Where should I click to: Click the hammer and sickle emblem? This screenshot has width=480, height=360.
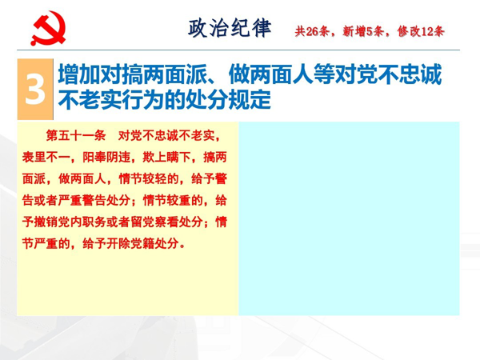click(x=48, y=28)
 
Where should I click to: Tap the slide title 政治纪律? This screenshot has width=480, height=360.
click(x=230, y=28)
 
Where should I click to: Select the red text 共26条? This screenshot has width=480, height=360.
click(x=312, y=31)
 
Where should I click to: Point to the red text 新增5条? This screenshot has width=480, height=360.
click(x=362, y=31)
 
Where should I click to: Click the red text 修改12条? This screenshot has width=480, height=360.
click(x=421, y=31)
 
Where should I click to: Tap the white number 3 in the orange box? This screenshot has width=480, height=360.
click(x=35, y=90)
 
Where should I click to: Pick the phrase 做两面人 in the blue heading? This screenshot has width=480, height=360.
click(x=271, y=74)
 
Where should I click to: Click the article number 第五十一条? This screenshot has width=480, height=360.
click(x=76, y=135)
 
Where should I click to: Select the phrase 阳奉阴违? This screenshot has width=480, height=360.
click(x=106, y=157)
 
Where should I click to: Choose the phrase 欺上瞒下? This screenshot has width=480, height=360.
click(x=167, y=157)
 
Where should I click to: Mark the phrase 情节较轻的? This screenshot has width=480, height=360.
click(x=149, y=178)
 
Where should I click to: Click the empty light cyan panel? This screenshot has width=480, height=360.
click(x=349, y=218)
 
